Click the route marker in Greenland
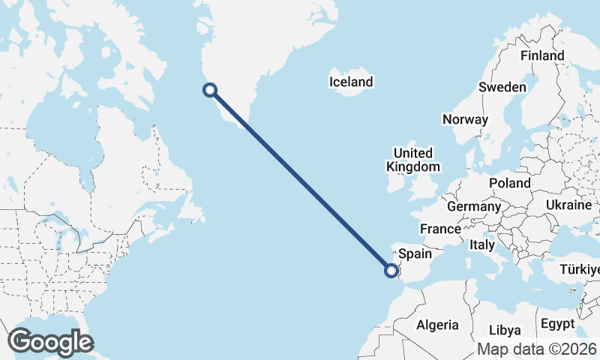pos(211,90)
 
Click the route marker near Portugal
pos(391,271)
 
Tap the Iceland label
pos(350,82)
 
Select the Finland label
pos(542,56)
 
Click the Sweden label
pos(502,88)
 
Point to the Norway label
pos(465,119)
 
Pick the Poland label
pos(509,183)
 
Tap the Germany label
pos(473,206)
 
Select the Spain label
pos(415,253)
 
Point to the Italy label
pos(481,244)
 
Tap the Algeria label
pos(437,325)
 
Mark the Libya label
pos(504,330)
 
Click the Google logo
pos(50,341)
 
